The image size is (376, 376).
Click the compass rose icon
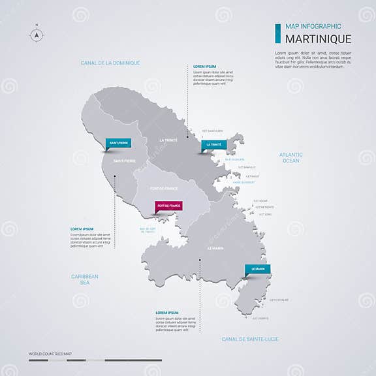coord(37,35)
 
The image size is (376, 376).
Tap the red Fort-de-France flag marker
coord(168,206)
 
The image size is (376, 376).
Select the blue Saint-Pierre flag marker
coord(119,142)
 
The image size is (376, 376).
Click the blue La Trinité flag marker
coord(213,145)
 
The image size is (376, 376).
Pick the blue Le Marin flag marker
coord(257,269)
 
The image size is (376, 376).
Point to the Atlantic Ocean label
coord(290,157)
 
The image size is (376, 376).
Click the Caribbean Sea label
coord(85,279)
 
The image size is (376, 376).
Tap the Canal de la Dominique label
coord(110,63)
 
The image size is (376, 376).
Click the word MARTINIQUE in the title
coord(318,39)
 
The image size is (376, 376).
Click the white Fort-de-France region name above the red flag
coord(164,189)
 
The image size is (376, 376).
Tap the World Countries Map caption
coord(50,354)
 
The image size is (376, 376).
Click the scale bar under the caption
coord(95,360)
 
